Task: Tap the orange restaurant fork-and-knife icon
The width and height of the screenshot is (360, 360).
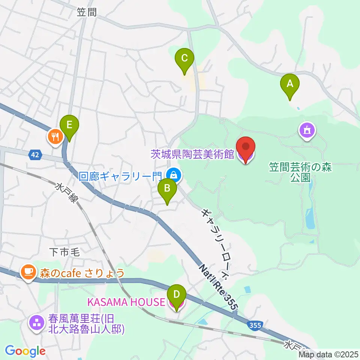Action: (x=55, y=136)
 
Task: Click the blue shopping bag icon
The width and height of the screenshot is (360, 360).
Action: (x=173, y=174)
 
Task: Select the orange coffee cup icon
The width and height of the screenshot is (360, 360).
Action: (x=28, y=271)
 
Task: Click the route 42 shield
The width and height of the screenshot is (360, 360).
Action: (x=35, y=154)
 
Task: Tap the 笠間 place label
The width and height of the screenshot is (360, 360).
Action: (x=87, y=12)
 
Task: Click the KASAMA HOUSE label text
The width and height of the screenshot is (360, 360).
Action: (x=126, y=301)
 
